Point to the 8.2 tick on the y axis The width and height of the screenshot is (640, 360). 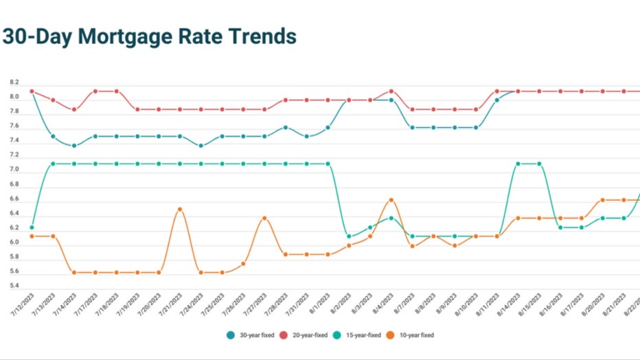(14, 82)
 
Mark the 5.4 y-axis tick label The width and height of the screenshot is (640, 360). (14, 286)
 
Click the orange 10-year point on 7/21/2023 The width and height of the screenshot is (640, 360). (180, 209)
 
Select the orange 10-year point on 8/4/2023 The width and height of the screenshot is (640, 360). (391, 200)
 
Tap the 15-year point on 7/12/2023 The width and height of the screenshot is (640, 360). (32, 227)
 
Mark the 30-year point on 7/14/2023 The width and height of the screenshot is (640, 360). (74, 145)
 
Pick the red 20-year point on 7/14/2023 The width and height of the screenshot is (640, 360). (74, 109)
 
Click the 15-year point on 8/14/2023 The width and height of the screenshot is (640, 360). (518, 164)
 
